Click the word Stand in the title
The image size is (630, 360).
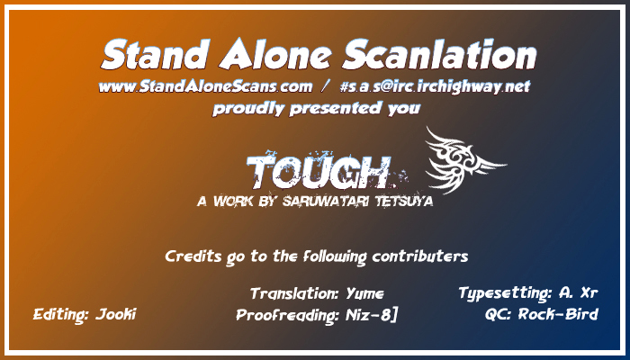tap(155, 54)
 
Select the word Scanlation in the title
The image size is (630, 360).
tap(439, 54)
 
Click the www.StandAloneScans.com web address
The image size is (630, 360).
tap(205, 86)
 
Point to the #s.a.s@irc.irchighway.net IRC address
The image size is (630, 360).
tap(435, 87)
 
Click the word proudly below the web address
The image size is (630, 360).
tap(247, 109)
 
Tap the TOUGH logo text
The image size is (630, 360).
tap(319, 172)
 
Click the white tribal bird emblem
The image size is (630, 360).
tap(464, 160)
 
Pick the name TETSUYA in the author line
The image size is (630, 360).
tap(404, 201)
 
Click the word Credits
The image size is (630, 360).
tap(193, 256)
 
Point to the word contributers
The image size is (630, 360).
tap(420, 256)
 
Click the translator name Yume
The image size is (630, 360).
tap(364, 294)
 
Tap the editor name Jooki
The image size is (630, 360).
tap(116, 314)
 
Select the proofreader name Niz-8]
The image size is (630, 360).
tap(371, 315)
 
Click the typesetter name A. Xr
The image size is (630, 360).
tap(578, 293)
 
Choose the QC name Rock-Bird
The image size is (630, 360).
tap(558, 314)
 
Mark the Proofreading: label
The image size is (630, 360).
tap(288, 316)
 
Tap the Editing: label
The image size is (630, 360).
tap(60, 315)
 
